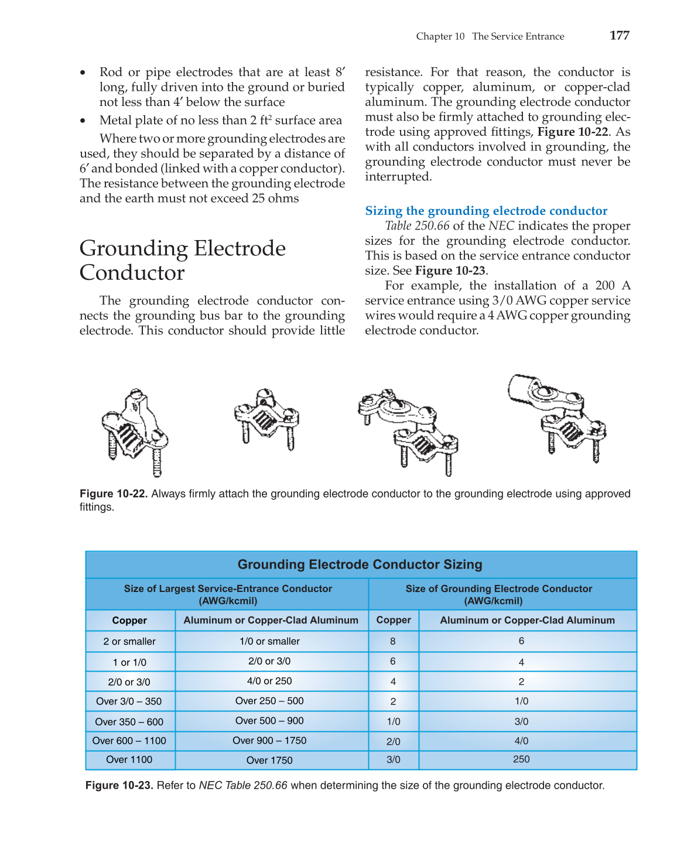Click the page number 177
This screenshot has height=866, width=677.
click(619, 35)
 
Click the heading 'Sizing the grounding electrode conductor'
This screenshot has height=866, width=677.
click(486, 211)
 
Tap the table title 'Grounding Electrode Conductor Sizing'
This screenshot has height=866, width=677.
click(360, 564)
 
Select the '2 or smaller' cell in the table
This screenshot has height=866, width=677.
click(129, 641)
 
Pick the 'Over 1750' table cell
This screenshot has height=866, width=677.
click(269, 760)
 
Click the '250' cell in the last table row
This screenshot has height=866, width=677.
click(521, 759)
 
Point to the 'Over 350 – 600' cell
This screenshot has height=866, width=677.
click(129, 722)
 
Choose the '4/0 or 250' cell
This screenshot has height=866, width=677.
click(269, 681)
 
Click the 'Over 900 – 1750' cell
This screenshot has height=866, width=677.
click(269, 741)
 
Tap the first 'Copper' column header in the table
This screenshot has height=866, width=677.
click(129, 621)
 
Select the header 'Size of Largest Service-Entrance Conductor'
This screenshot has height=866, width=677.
click(228, 589)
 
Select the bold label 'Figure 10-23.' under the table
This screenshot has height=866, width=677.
click(119, 785)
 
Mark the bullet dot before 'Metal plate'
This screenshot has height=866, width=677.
click(83, 121)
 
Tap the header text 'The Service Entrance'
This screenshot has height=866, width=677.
click(518, 36)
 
